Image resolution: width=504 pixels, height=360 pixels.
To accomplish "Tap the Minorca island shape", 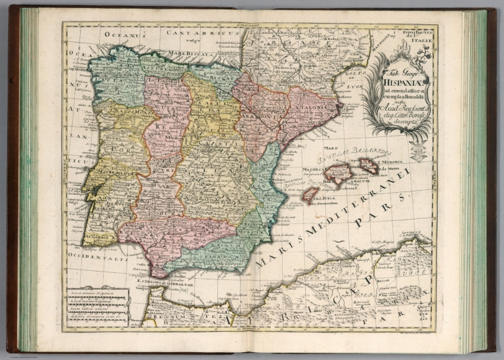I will (x=368, y=165).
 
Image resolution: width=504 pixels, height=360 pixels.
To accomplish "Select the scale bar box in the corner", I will (x=96, y=306).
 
